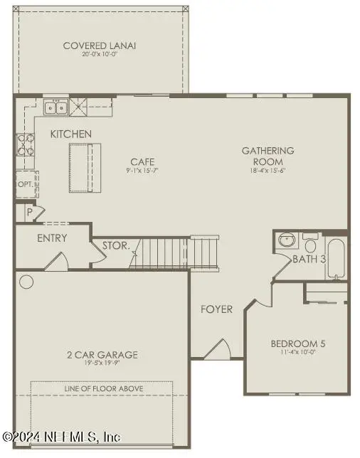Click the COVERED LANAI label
tap(99, 46)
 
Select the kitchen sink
tap(56, 108)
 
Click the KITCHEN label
tap(70, 134)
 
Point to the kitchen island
tap(85, 167)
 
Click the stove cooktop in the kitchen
tap(26, 144)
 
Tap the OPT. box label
tap(25, 184)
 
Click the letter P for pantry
tap(30, 212)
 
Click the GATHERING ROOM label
tap(268, 156)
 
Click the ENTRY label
tap(52, 238)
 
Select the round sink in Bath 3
tap(287, 240)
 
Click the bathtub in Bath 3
tap(337, 259)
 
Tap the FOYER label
tap(216, 309)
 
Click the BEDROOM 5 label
tap(297, 344)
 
